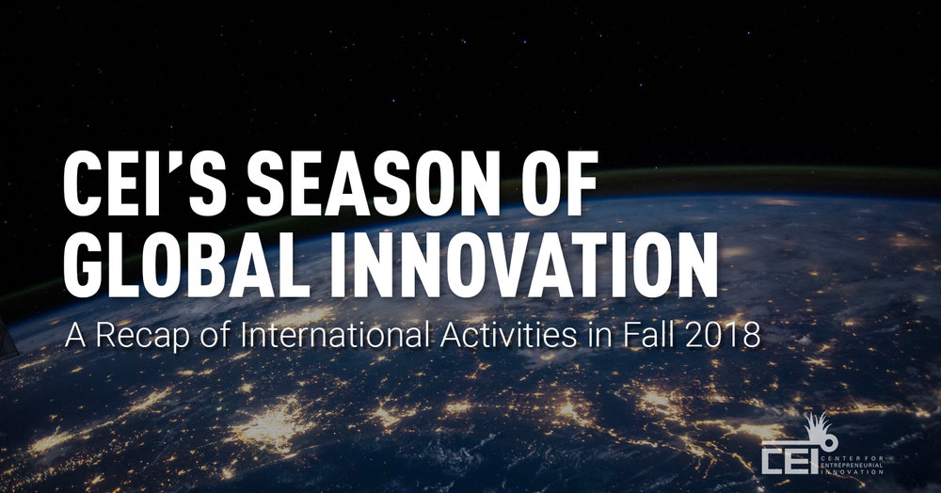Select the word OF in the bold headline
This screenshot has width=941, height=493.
click(550, 183)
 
